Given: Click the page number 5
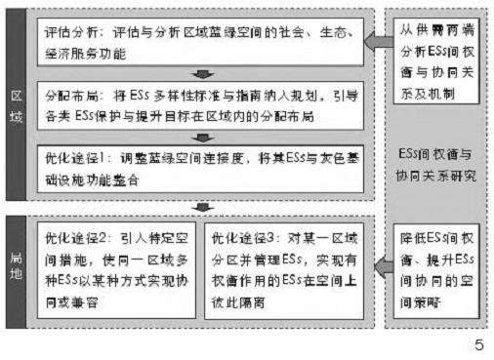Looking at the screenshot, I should pos(478,344).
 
